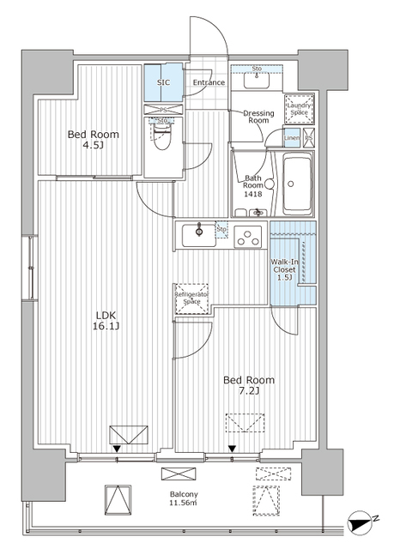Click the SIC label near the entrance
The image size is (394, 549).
coord(164,83)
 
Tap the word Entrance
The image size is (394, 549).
coord(209,83)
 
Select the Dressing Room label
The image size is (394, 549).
coord(259,117)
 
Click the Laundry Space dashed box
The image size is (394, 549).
coord(300,108)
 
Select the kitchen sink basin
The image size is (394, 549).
coord(200,232)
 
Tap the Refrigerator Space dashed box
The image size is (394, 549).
coord(193,298)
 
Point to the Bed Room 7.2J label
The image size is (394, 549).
coord(249,385)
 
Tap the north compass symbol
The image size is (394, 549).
coord(361,522)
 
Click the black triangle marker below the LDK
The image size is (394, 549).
coord(117,448)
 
